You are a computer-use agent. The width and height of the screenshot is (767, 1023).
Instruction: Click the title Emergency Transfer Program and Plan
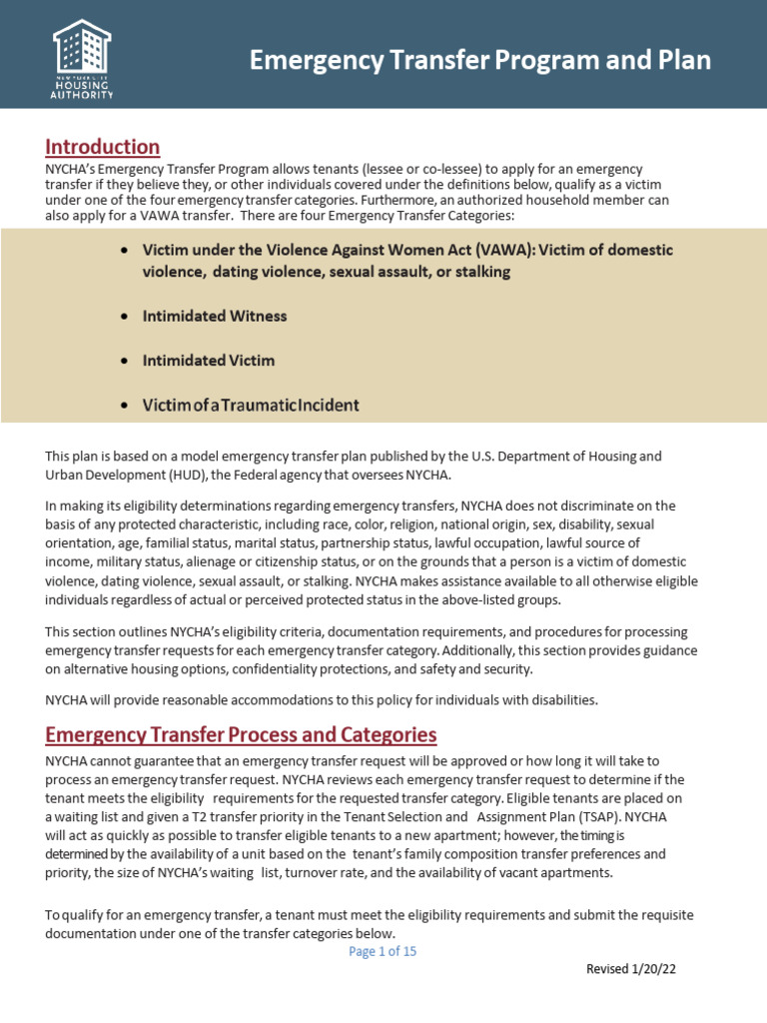(x=479, y=61)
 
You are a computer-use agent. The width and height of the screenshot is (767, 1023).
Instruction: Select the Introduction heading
(x=102, y=147)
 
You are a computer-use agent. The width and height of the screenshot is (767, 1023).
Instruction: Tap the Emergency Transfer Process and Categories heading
(x=241, y=735)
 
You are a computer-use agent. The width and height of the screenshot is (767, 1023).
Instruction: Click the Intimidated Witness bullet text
(x=215, y=316)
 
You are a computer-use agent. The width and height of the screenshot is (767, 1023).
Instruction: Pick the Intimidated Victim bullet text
(x=209, y=360)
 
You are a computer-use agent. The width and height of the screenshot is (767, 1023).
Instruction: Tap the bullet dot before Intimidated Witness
(x=123, y=317)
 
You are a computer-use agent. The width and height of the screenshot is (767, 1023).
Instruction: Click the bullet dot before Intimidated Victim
(x=123, y=361)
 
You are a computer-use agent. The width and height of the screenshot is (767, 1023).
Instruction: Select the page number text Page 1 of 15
(x=383, y=951)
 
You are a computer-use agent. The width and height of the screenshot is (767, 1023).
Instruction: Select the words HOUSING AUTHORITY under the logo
(x=82, y=91)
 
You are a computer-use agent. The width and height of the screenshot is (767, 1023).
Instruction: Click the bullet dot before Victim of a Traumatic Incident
(x=123, y=406)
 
